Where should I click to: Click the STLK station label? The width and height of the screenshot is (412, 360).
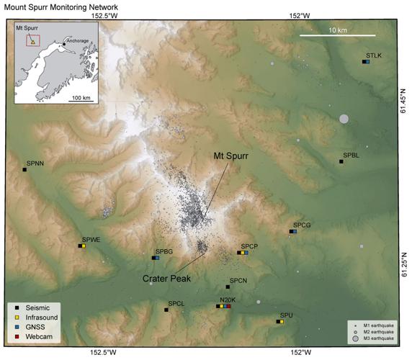[373, 55]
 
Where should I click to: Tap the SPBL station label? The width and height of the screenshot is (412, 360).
[351, 155]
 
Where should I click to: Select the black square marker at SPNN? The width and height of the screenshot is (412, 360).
[24, 170]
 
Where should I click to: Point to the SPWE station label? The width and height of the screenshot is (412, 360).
[91, 238]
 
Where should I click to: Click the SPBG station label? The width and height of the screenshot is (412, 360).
[164, 251]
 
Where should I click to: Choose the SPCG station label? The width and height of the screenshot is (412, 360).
[302, 225]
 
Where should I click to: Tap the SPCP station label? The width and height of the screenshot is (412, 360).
[249, 246]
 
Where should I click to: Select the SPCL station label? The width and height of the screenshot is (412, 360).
[176, 304]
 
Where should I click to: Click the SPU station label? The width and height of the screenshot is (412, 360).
[285, 315]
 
